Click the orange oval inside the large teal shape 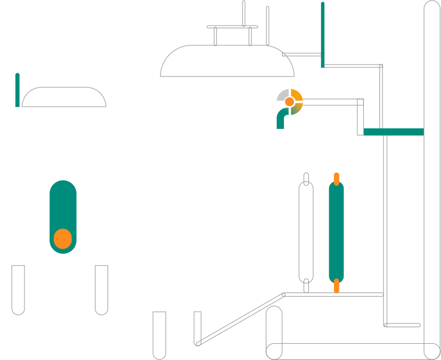click(x=63, y=239)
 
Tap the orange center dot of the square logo click(x=289, y=102)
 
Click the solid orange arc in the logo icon click(x=297, y=95)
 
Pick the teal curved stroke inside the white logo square click(x=281, y=113)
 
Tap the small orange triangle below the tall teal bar click(x=336, y=288)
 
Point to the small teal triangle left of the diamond click(x=372, y=137)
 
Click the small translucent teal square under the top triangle click(x=317, y=74)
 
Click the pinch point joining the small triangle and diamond click(x=384, y=133)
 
